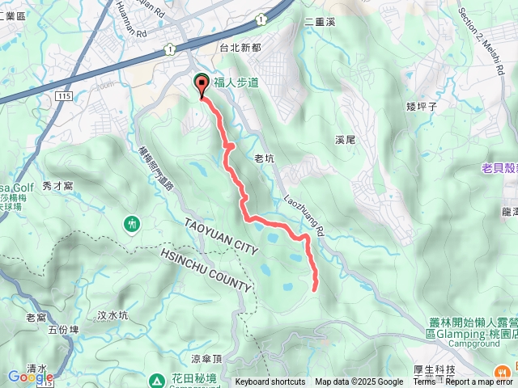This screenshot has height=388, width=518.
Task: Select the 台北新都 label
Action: [240, 48]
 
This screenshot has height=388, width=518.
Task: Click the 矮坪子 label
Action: [422, 105]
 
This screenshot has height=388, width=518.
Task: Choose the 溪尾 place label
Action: [346, 140]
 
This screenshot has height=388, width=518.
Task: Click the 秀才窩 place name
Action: [58, 185]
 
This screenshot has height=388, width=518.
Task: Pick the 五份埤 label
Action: [63, 329]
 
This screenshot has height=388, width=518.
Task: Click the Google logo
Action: [31, 377]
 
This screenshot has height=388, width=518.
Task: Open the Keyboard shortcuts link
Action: [270, 382]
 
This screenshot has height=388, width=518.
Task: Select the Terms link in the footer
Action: [424, 382]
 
